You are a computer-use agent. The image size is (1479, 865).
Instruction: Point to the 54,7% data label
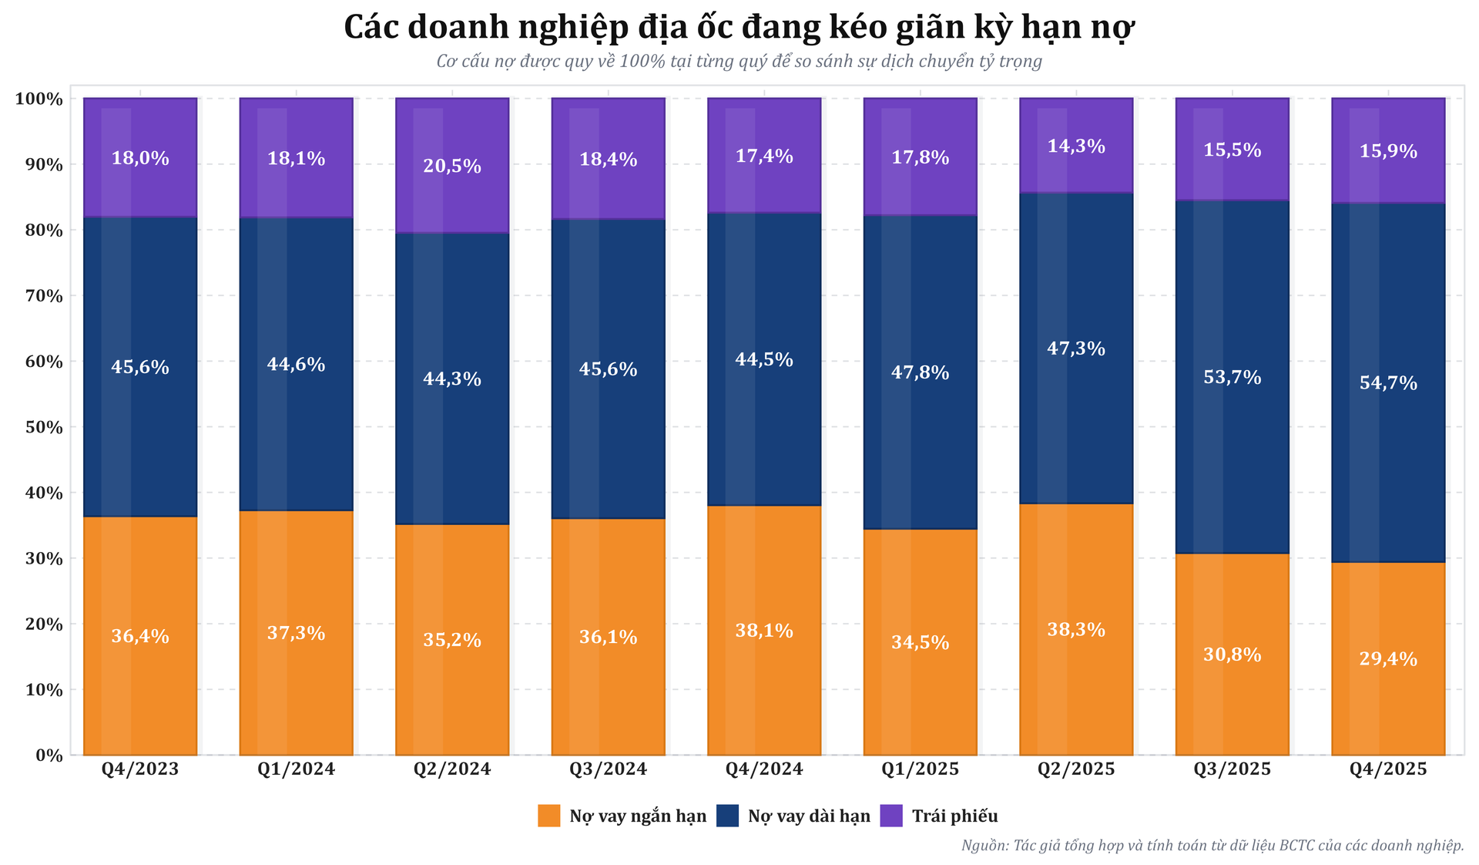coord(1388,383)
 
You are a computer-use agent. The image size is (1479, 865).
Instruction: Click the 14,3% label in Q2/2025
coord(1076,146)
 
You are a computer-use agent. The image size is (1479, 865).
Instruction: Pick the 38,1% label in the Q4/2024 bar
coord(764,631)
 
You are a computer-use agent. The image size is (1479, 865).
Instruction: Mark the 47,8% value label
coord(920,373)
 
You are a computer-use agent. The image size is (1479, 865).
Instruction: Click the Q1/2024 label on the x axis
coord(296,769)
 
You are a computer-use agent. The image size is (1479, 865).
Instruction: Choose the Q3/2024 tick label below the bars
coord(608,769)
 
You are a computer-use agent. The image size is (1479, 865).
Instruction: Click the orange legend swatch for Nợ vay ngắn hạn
coord(549,816)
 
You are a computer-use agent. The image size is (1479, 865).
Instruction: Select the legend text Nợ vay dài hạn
coord(809,816)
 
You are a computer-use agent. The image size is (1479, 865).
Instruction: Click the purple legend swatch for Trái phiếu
coord(891,816)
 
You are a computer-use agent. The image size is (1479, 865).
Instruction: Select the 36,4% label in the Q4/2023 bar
coord(140,637)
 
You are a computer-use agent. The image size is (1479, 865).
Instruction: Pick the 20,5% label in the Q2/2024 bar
coord(452,167)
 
